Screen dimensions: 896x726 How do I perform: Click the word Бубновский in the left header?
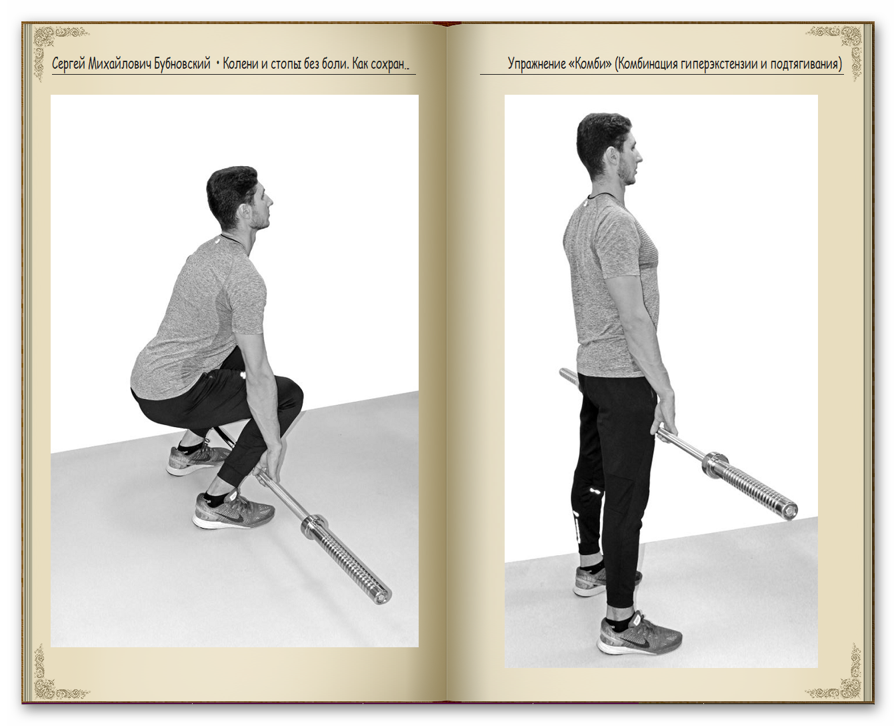pos(182,64)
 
